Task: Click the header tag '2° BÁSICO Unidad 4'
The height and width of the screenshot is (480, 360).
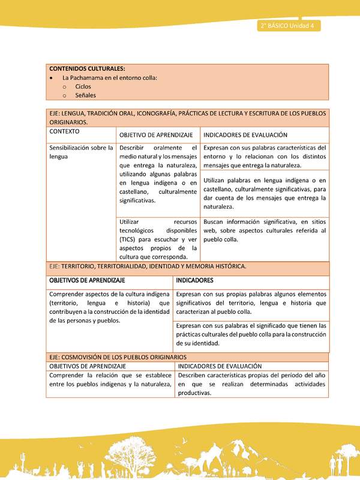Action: pyautogui.click(x=289, y=26)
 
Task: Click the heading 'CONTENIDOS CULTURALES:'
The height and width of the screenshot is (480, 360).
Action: pyautogui.click(x=87, y=68)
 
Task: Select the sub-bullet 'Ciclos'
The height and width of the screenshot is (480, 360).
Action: pyautogui.click(x=83, y=86)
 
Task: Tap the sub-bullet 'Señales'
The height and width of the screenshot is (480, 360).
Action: pyautogui.click(x=86, y=95)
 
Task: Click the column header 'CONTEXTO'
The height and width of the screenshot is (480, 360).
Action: pyautogui.click(x=65, y=131)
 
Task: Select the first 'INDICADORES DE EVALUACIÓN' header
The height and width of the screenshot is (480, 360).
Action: pyautogui.click(x=245, y=136)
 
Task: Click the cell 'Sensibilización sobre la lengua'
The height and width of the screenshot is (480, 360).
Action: pyautogui.click(x=81, y=152)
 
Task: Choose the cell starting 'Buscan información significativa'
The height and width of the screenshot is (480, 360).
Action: pyautogui.click(x=265, y=230)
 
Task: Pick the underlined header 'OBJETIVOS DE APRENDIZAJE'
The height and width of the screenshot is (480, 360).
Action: pyautogui.click(x=87, y=280)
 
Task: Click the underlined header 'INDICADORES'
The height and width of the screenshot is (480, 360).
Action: pyautogui.click(x=196, y=280)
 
